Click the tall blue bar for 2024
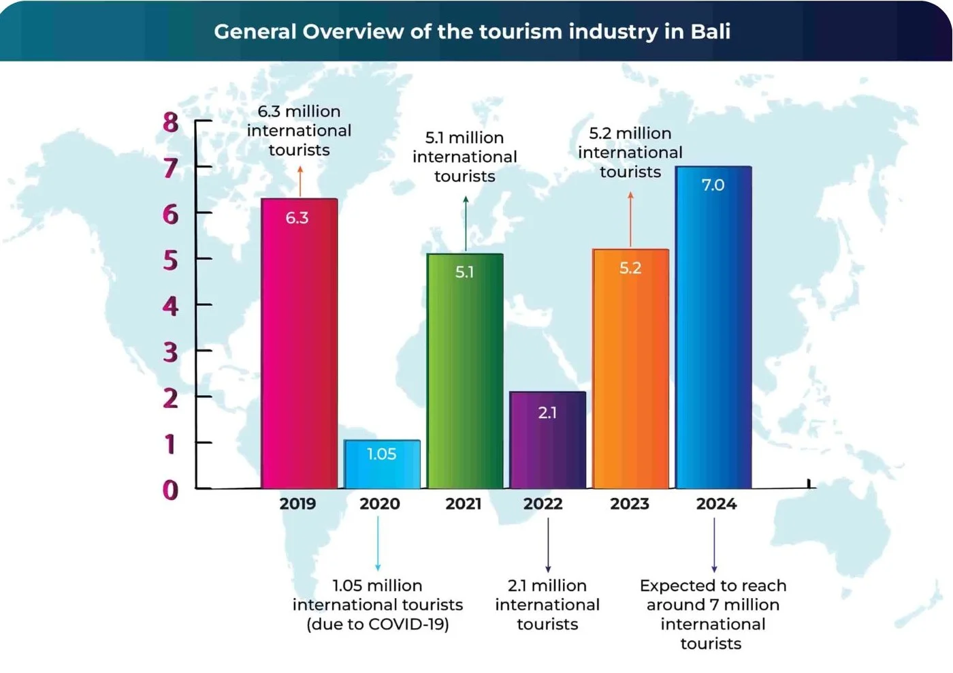coord(713,327)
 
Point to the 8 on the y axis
coord(170,123)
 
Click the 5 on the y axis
coord(170,260)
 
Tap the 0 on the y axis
coord(170,490)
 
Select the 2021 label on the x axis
coord(464,504)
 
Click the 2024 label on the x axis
coord(716,504)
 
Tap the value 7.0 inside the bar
coord(713,185)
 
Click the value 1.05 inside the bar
coord(381,454)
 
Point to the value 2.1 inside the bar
coord(547,413)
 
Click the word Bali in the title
coord(710,32)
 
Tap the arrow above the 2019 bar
coord(300,181)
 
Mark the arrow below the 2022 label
coord(548,545)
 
